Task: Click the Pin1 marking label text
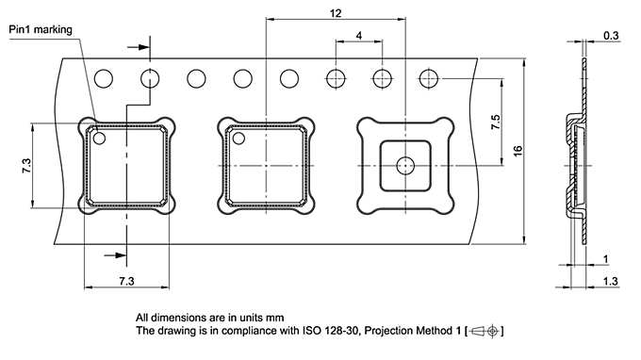(40, 29)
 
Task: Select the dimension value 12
(337, 12)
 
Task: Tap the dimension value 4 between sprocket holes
(359, 36)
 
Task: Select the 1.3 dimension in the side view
(611, 282)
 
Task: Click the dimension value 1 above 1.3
(604, 259)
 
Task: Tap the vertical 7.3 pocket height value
(25, 165)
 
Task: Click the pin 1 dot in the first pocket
(99, 139)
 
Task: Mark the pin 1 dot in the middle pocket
(238, 139)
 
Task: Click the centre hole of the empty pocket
(404, 164)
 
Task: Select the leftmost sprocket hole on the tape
(105, 77)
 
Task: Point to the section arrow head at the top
(145, 45)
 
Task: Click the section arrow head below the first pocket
(120, 253)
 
